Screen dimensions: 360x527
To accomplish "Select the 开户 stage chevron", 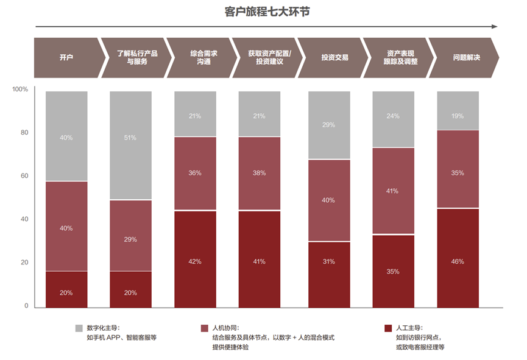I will coord(66,58).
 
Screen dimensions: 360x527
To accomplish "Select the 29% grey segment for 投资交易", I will coord(329,125).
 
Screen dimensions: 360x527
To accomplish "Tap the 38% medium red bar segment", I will coord(260,173).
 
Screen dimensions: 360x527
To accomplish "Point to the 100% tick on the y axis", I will coord(20,90).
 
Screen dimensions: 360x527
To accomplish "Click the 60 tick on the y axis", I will coord(24,176).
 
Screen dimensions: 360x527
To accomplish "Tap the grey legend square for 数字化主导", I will coord(79,328).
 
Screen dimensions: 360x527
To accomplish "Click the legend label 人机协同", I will coord(226,328).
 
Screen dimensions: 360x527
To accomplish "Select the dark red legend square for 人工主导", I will coord(388,328).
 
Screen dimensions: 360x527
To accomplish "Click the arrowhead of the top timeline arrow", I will coord(495,26).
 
